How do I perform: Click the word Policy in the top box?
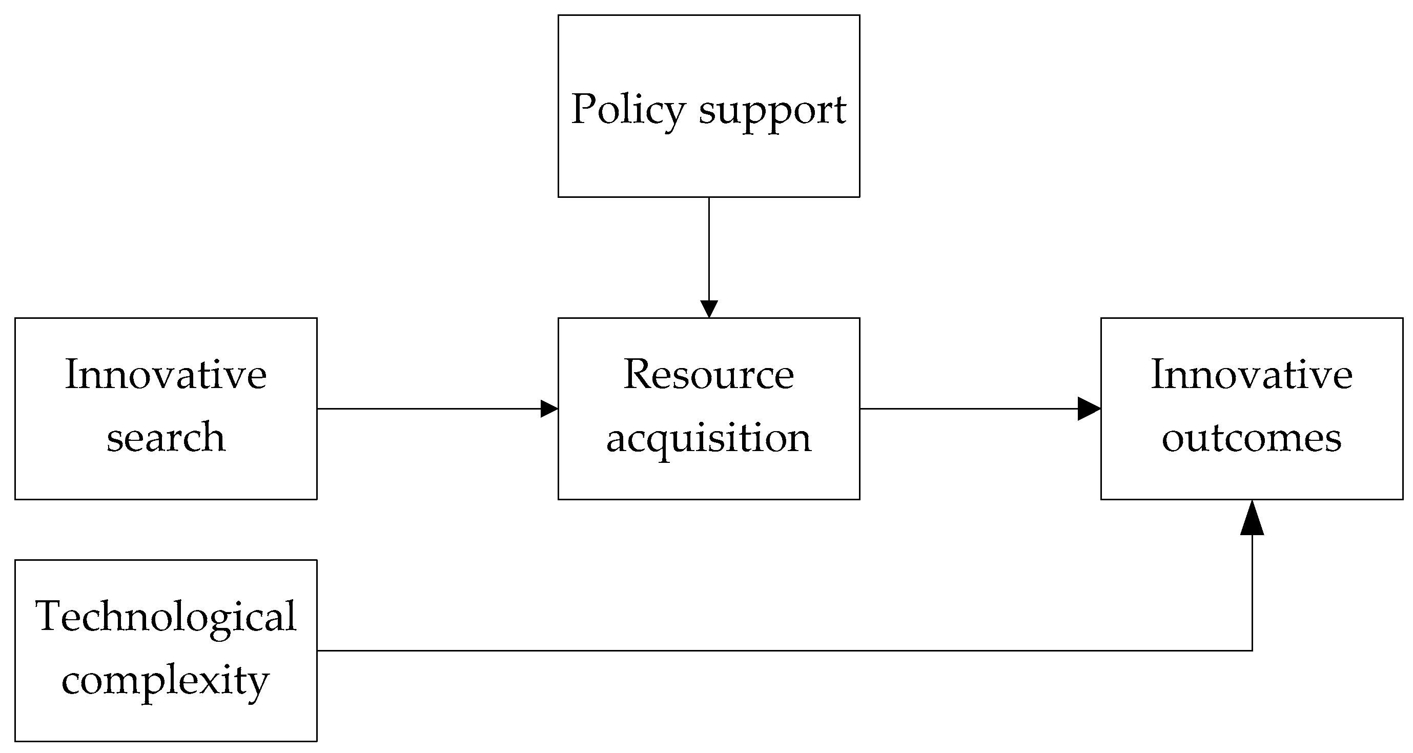[x=627, y=110]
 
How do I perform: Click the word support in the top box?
[x=772, y=112]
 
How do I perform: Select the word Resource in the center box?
[x=709, y=375]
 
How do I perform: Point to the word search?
[x=166, y=438]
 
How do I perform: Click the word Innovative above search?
[x=166, y=375]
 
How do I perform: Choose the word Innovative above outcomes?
[x=1252, y=375]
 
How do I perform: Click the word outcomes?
[x=1252, y=439]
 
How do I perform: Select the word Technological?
[x=166, y=617]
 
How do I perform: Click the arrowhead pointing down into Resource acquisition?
[x=709, y=309]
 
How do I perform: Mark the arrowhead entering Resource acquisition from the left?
[x=549, y=409]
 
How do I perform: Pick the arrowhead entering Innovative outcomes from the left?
[x=1089, y=409]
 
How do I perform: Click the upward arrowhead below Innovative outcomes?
[x=1252, y=519]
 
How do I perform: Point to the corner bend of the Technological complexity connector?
[x=1252, y=650]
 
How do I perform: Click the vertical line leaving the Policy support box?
[x=709, y=247]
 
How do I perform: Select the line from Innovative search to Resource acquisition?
[x=428, y=409]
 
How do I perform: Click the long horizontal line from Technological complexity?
[x=768, y=650]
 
